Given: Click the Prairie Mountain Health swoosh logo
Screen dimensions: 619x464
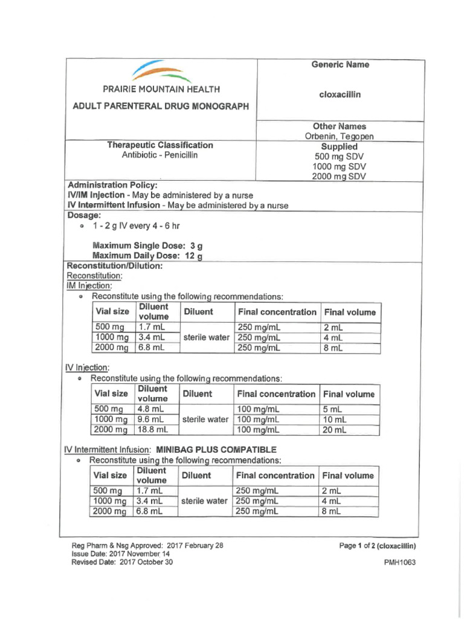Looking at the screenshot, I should [161, 72].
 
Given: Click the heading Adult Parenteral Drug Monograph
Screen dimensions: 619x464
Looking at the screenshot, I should [161, 106].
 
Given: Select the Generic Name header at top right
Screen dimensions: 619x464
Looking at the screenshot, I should [340, 65].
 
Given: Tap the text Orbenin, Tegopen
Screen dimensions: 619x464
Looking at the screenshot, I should [340, 137].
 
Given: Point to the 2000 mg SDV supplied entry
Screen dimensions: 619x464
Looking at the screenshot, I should [340, 177].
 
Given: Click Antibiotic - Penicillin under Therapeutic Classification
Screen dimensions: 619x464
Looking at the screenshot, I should [160, 155].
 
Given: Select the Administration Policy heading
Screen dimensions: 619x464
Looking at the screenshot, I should [112, 185].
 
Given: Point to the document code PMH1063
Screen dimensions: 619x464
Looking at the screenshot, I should [400, 562].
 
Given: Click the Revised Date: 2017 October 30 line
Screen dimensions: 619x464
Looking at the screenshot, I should [122, 562].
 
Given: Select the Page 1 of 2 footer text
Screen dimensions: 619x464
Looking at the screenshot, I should [378, 545].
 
